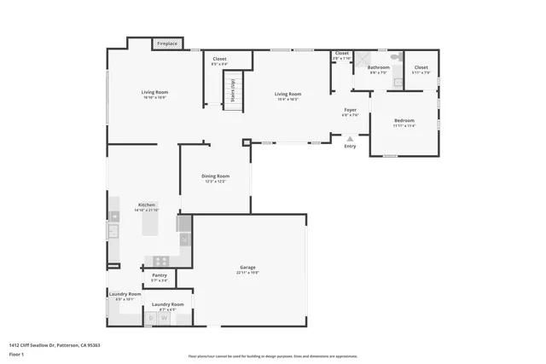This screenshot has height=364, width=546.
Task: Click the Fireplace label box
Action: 166,43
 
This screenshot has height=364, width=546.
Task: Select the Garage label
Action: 248,269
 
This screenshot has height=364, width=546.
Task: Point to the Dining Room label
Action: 216,176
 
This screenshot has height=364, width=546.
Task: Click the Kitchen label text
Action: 147,205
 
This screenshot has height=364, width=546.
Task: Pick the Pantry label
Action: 160,274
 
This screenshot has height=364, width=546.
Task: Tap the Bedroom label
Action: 404,120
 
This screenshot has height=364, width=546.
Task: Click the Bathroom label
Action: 379,67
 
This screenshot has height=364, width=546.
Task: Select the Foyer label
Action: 350,110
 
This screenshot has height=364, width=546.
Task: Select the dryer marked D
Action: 152,319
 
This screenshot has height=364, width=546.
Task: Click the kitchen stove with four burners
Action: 159,261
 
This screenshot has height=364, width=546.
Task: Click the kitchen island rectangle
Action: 183,223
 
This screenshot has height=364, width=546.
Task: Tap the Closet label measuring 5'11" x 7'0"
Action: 421,67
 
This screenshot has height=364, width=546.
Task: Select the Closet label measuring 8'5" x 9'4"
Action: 219,62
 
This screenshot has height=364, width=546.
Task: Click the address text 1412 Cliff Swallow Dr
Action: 55,345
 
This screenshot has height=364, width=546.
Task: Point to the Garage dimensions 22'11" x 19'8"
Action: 248,273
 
